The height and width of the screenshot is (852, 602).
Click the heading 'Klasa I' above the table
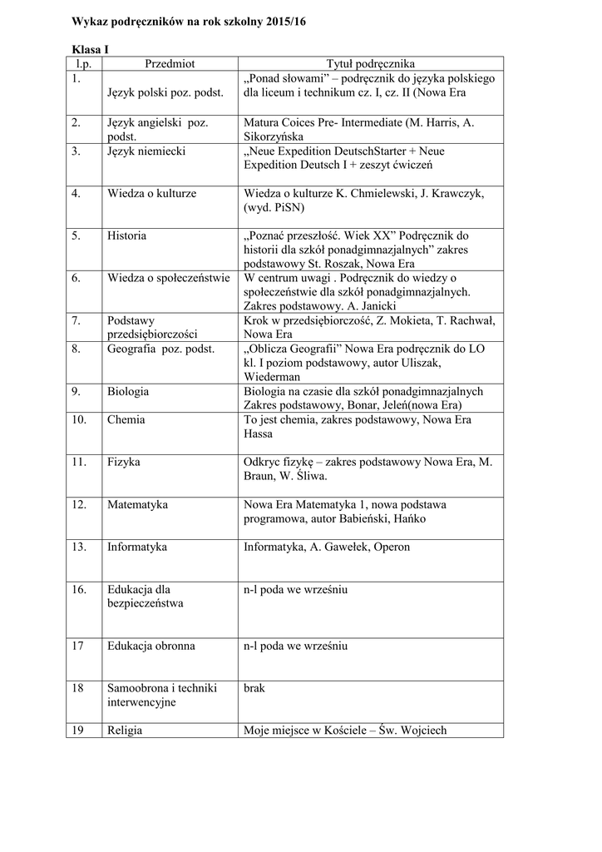coord(85,51)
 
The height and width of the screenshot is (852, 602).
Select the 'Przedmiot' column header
coord(170,63)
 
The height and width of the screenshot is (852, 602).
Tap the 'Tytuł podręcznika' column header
coord(370,63)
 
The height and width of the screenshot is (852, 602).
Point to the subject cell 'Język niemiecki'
coord(146,151)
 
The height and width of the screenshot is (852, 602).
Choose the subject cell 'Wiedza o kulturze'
coord(152,193)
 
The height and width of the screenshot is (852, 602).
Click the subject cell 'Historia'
coord(126,235)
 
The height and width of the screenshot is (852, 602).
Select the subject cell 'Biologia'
coord(128,391)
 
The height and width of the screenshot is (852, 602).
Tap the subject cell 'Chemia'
coord(126,419)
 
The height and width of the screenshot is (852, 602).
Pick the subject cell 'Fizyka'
coord(124,461)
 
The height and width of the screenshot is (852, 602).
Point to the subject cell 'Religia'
coord(125,731)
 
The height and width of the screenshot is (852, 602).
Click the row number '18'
coord(78,687)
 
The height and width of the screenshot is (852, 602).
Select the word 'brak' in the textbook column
coord(254,687)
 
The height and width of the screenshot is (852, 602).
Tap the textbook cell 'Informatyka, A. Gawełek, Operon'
coord(327,547)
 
